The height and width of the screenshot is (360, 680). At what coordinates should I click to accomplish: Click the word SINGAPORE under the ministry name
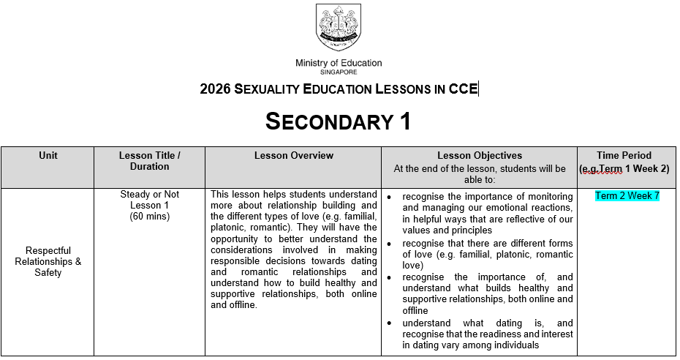click(x=338, y=72)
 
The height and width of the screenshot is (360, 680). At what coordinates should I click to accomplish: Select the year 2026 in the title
click(x=215, y=90)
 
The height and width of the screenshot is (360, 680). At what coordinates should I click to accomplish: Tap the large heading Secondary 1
click(x=338, y=121)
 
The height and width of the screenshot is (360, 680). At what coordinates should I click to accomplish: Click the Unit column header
click(x=48, y=155)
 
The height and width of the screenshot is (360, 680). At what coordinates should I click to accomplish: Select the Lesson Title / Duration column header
click(x=149, y=161)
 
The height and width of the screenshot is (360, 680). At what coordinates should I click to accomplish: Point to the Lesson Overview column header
click(x=293, y=155)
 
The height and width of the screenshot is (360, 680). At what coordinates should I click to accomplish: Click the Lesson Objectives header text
click(x=479, y=155)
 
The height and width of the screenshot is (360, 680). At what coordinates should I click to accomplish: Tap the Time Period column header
click(x=624, y=155)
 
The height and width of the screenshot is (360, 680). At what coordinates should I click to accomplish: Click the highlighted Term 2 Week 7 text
click(x=627, y=196)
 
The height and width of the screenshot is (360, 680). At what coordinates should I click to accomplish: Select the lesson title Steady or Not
click(x=149, y=195)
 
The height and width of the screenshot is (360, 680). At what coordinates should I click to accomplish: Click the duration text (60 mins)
click(x=149, y=217)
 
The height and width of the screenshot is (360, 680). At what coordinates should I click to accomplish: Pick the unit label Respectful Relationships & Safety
click(x=48, y=261)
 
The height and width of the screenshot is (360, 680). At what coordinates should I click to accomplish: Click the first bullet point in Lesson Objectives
click(x=391, y=198)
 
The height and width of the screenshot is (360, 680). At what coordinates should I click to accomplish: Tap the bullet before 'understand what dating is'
click(x=391, y=323)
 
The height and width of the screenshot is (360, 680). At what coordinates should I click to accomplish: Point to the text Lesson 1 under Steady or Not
click(x=149, y=206)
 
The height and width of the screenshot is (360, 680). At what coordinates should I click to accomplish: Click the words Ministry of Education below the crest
click(x=338, y=64)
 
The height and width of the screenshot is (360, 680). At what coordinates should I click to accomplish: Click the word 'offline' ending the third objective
click(x=415, y=311)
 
